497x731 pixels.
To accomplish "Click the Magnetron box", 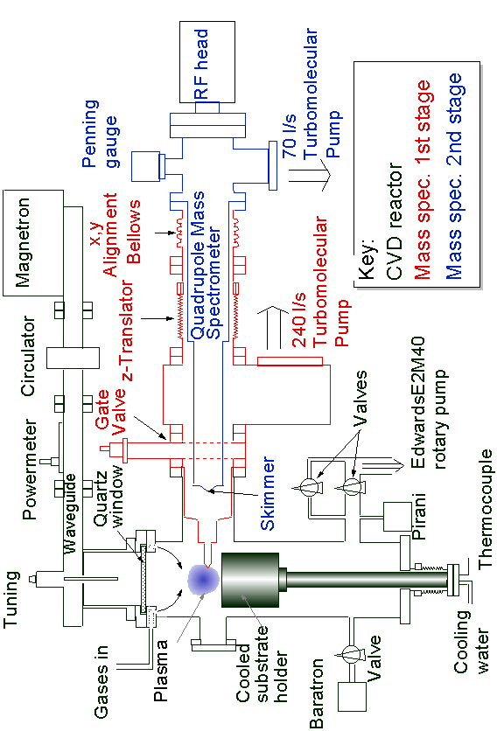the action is pyautogui.click(x=33, y=242).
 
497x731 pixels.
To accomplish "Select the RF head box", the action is pyautogui.click(x=207, y=61).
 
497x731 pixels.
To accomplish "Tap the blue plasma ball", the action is pyautogui.click(x=204, y=579).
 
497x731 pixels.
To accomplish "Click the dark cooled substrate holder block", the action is pyautogui.click(x=250, y=580).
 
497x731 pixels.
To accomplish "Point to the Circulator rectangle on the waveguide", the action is pyautogui.click(x=73, y=358).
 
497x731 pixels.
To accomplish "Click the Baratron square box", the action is pyautogui.click(x=352, y=697).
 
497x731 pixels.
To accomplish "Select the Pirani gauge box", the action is pyautogui.click(x=397, y=517).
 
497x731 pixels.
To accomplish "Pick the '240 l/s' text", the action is pyautogui.click(x=298, y=320).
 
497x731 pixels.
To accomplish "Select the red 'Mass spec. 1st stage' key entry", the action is pyautogui.click(x=423, y=179).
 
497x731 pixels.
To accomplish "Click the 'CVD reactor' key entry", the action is pyautogui.click(x=395, y=221).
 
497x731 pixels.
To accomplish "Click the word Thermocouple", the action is pyautogui.click(x=486, y=508).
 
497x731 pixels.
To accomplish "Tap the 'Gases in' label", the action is pyautogui.click(x=101, y=681).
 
